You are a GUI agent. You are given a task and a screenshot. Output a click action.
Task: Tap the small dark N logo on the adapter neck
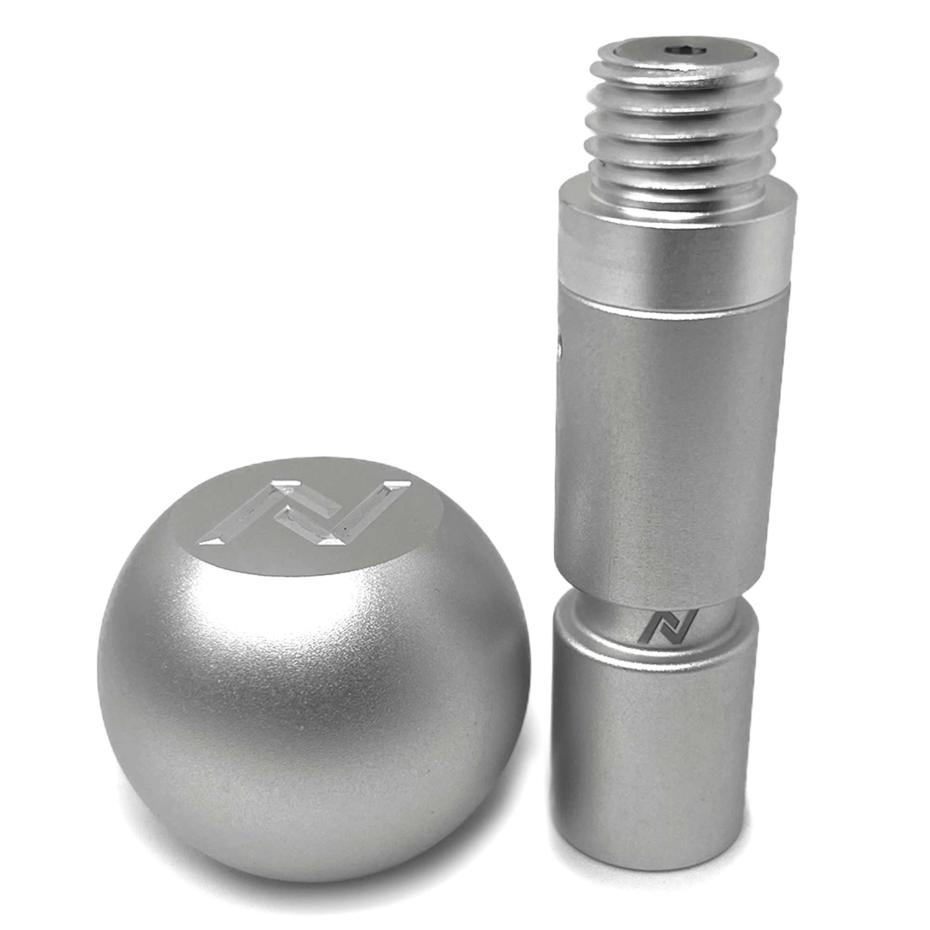[670, 626]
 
